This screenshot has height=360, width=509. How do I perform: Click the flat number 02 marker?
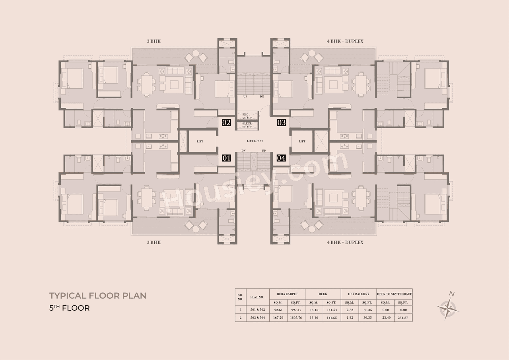226,123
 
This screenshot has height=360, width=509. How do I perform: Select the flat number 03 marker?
282,123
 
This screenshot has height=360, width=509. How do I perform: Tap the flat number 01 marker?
226,158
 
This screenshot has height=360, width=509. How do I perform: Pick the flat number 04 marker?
281,158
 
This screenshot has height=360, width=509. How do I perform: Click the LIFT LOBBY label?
255,141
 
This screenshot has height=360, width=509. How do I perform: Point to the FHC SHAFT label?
247,116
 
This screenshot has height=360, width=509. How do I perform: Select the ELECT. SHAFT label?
247,125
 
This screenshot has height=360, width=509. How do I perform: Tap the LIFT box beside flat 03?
302,141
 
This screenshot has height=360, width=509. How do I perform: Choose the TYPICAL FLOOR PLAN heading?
98,296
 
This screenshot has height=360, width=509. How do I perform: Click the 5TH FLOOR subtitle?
69,308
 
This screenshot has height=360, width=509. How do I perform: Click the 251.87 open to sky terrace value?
403,318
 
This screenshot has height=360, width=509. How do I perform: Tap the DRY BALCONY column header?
359,294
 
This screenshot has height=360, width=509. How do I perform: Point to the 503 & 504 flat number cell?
257,318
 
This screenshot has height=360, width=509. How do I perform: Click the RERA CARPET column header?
287,294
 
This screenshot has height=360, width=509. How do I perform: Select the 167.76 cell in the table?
278,318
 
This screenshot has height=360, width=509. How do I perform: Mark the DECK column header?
323,294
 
